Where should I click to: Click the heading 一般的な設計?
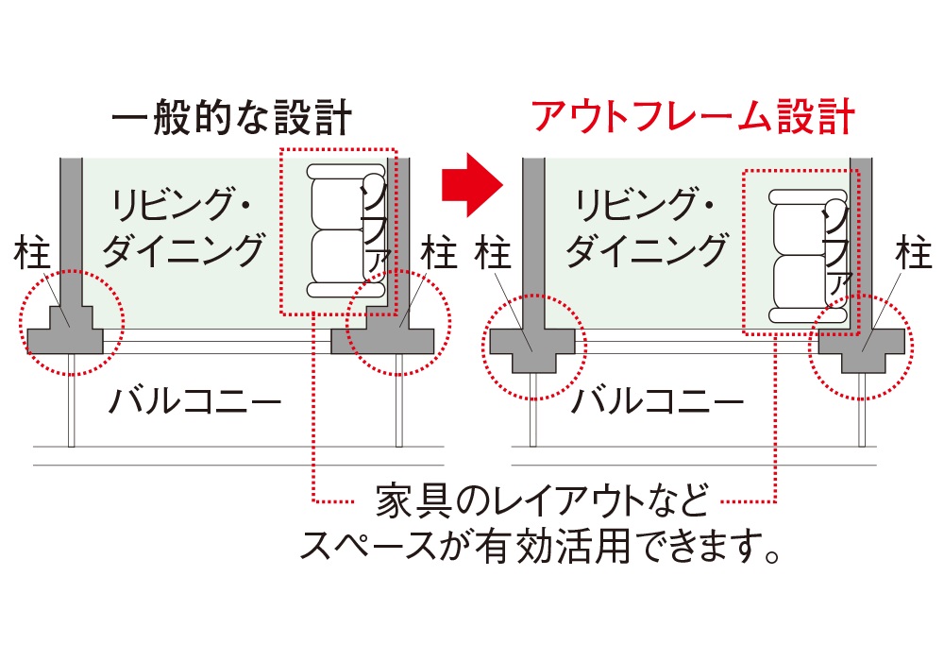tap(231, 119)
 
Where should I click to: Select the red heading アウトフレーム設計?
tap(693, 116)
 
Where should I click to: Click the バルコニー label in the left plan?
tap(194, 403)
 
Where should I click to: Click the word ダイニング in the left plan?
tap(182, 251)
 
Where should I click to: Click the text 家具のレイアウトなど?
tap(541, 500)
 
